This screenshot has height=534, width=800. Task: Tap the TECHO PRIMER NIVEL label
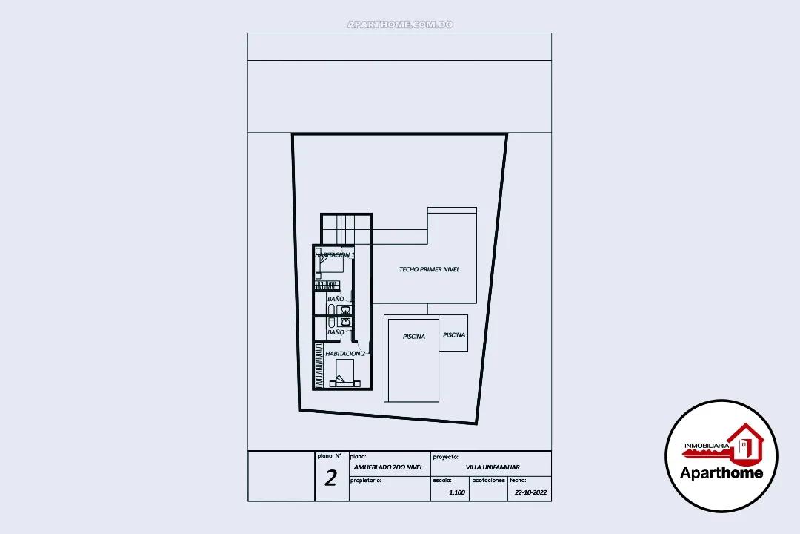pos(429,269)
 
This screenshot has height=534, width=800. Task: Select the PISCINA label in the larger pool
pos(414,337)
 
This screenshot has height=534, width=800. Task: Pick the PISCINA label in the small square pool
pos(454,335)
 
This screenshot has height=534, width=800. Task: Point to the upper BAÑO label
pos(336,299)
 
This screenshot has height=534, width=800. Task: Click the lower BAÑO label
pos(336,332)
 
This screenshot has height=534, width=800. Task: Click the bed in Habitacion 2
pos(346,374)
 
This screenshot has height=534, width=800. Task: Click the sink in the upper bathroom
pos(344,309)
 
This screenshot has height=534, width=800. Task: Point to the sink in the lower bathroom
pos(344,322)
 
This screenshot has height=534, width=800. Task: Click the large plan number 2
pos(330,478)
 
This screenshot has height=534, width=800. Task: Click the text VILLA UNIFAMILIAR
pos(493,467)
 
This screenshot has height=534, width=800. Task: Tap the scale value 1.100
pos(458,492)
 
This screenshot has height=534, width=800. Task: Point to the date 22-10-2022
pos(530,492)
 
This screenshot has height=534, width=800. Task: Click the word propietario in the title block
pos(365,481)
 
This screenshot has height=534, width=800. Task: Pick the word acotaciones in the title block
pos(488,481)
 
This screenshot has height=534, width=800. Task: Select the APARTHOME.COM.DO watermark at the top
pos(400,24)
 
